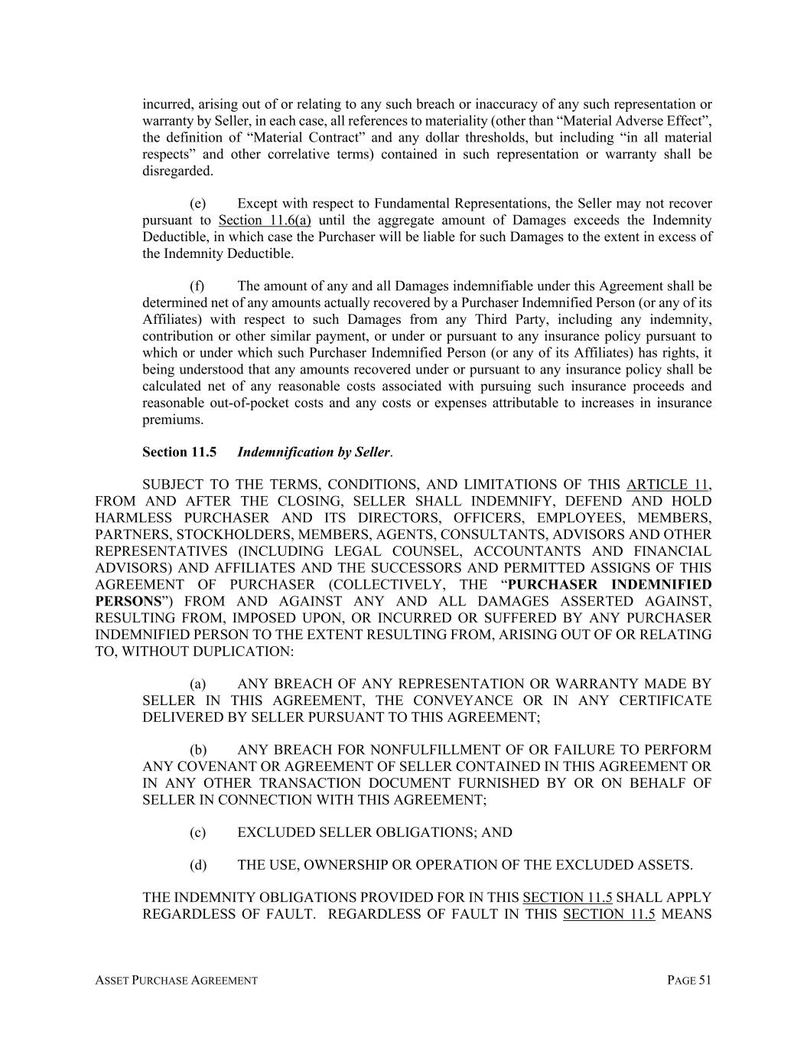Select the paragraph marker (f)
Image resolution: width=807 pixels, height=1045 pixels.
(197, 286)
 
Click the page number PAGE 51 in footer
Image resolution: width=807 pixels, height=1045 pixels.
(689, 981)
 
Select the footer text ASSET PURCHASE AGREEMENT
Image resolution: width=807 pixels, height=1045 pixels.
(176, 981)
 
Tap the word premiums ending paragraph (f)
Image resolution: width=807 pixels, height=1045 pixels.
(173, 420)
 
